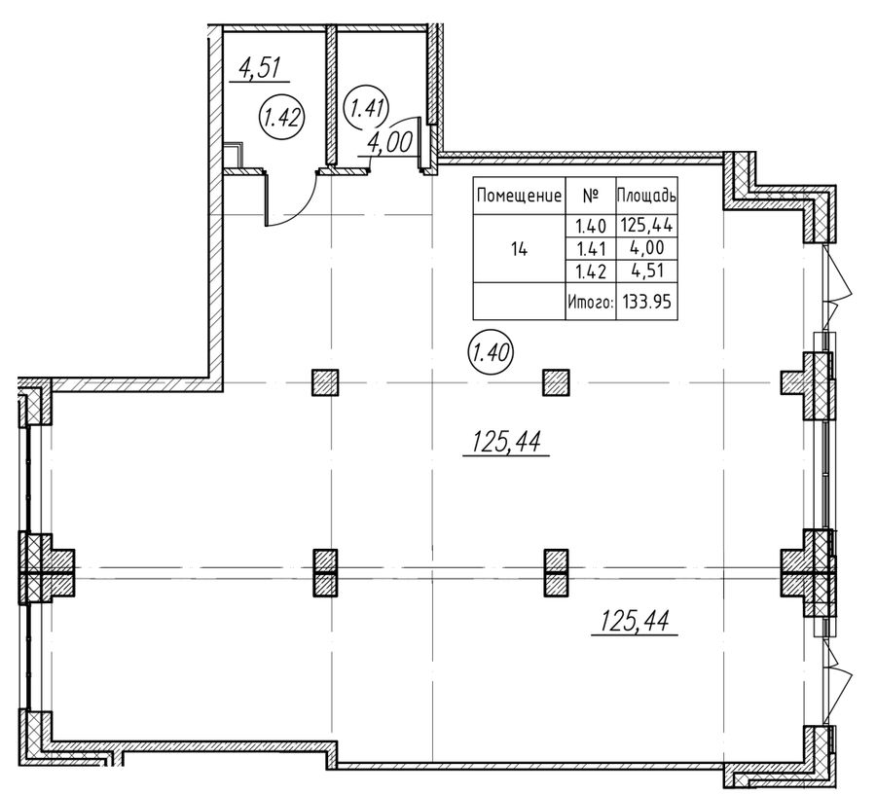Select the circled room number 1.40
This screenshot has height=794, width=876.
tap(491, 352)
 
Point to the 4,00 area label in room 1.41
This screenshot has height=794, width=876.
tap(389, 144)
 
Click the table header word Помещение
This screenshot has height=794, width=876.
tap(519, 196)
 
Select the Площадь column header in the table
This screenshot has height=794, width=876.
tap(646, 196)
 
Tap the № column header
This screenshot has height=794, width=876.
tap(590, 196)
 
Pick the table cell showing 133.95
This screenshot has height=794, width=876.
tap(646, 302)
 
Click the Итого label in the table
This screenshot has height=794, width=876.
tap(591, 302)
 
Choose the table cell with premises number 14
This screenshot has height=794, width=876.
tap(519, 250)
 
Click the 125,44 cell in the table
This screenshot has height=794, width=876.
tap(646, 226)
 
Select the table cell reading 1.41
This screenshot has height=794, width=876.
tap(591, 248)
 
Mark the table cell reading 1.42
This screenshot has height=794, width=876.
tap(591, 271)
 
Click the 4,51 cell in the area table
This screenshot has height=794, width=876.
tap(646, 271)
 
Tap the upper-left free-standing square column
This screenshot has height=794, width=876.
tap(324, 382)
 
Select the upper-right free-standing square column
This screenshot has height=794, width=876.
tap(557, 382)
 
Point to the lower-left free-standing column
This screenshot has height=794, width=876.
tap(325, 573)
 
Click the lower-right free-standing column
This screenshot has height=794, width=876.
tap(557, 573)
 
